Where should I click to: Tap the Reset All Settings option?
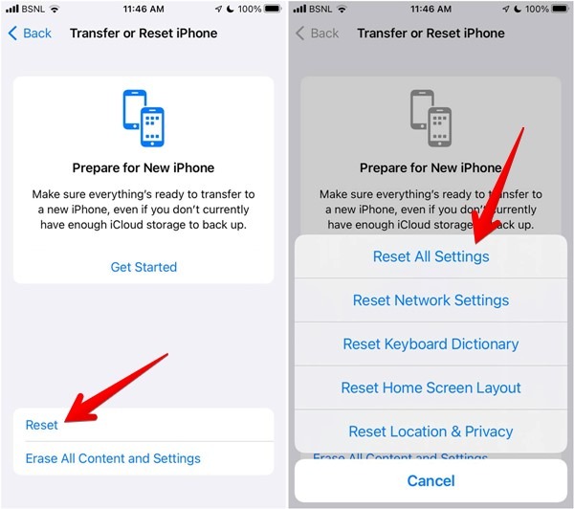(430, 256)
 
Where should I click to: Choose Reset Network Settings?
(430, 300)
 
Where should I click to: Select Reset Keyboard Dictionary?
(430, 344)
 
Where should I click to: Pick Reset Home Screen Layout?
(430, 388)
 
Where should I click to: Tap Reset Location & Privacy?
(430, 432)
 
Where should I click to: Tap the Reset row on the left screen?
(42, 425)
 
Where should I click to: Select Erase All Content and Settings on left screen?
(113, 459)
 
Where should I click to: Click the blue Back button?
(30, 33)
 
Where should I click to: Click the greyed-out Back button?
(317, 33)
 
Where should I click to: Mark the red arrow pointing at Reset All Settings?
(497, 182)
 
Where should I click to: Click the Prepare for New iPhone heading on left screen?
(143, 168)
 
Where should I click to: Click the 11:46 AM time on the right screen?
(430, 9)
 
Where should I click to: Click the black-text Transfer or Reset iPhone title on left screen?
(143, 33)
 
